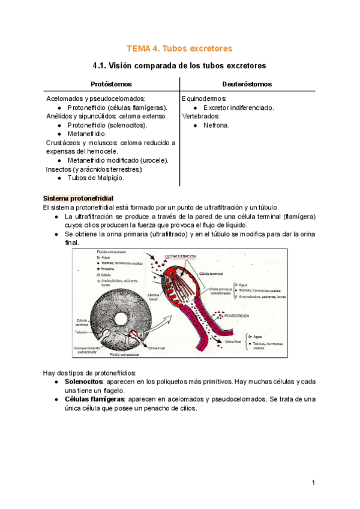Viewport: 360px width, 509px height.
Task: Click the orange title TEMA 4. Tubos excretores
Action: (179, 48)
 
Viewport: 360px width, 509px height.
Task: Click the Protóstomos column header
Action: (111, 84)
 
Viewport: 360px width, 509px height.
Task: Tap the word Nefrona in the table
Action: (217, 125)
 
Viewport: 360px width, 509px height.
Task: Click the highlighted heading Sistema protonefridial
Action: (78, 198)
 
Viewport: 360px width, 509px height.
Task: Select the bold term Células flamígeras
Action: (92, 399)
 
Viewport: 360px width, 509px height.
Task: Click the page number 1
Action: (313, 483)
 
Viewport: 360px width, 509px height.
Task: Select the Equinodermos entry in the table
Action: (204, 98)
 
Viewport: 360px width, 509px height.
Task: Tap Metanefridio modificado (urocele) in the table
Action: (118, 160)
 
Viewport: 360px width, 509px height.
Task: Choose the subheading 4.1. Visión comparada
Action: (179, 65)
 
